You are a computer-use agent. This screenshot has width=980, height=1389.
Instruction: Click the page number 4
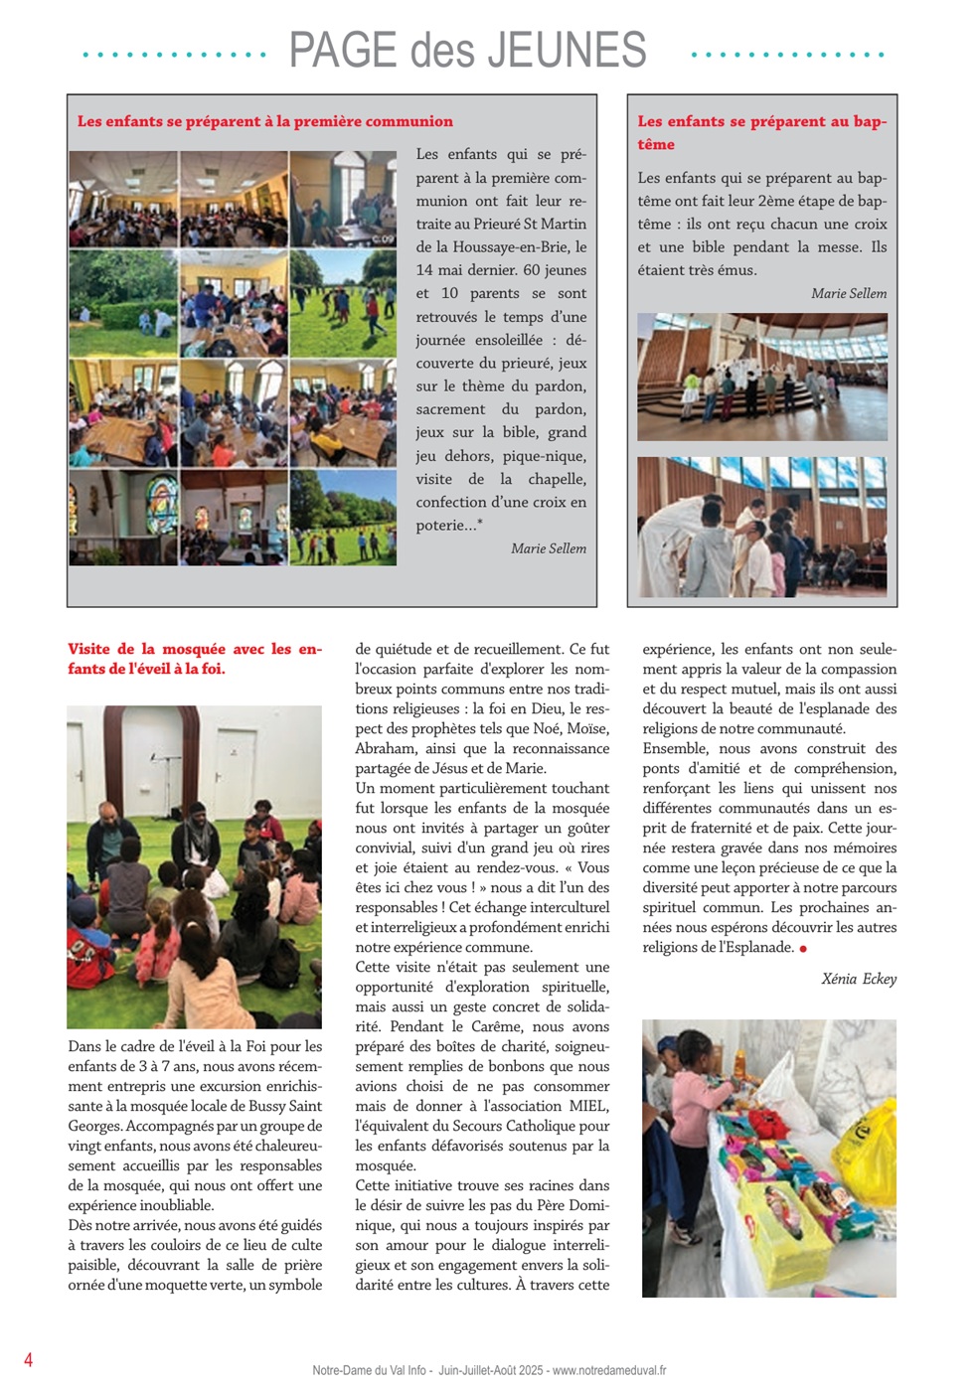point(28,1359)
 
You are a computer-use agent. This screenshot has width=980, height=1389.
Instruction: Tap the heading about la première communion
point(264,121)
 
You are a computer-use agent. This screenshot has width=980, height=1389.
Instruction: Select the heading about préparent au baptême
point(761,132)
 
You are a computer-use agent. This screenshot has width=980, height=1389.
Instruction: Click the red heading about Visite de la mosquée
point(194,659)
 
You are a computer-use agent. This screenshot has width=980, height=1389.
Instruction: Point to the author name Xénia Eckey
point(859,979)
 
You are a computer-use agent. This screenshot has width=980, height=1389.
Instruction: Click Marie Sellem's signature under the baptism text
point(849,293)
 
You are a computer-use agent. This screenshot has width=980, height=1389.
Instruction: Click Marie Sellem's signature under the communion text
point(548,548)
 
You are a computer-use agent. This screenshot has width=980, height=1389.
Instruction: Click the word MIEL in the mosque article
point(588,1106)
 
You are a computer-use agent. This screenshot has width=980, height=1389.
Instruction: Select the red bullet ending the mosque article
point(803,949)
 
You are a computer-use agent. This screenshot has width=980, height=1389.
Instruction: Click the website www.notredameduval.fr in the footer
point(609,1370)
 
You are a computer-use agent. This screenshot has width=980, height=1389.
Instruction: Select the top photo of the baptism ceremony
point(761,377)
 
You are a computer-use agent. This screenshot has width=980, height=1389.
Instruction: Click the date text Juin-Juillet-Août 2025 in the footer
point(490,1370)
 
